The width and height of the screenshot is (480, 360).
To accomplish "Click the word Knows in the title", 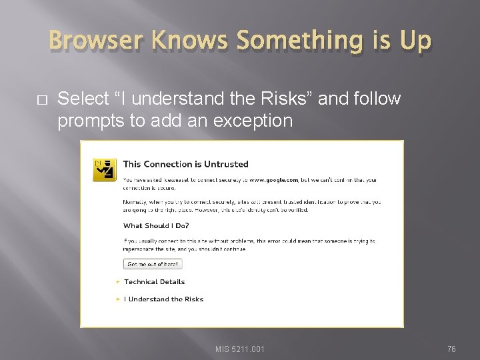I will pos(190,41).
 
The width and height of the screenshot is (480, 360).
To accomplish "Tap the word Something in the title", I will pos(303,41).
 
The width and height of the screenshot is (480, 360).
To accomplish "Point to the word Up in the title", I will pos(415,41).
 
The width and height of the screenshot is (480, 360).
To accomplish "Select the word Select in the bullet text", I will pos(83,99).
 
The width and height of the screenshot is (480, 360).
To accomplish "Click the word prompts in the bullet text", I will pos(86,121).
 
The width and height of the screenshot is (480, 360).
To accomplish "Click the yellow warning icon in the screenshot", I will pos(104,171).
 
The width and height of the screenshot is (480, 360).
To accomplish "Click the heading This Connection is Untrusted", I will pos(185,164).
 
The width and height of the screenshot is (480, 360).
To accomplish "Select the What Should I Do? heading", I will pos(155,225).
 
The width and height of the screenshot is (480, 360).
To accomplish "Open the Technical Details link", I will pos(154,282).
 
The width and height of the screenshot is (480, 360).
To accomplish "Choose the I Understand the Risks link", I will pos(165,299).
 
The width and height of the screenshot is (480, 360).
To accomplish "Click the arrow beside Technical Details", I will pos(119,282).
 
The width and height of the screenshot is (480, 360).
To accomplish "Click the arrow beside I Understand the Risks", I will pos(119,299).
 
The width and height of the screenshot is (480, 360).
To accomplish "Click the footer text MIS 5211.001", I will pos(240,349).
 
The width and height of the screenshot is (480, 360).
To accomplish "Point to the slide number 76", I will pos(451,349).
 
